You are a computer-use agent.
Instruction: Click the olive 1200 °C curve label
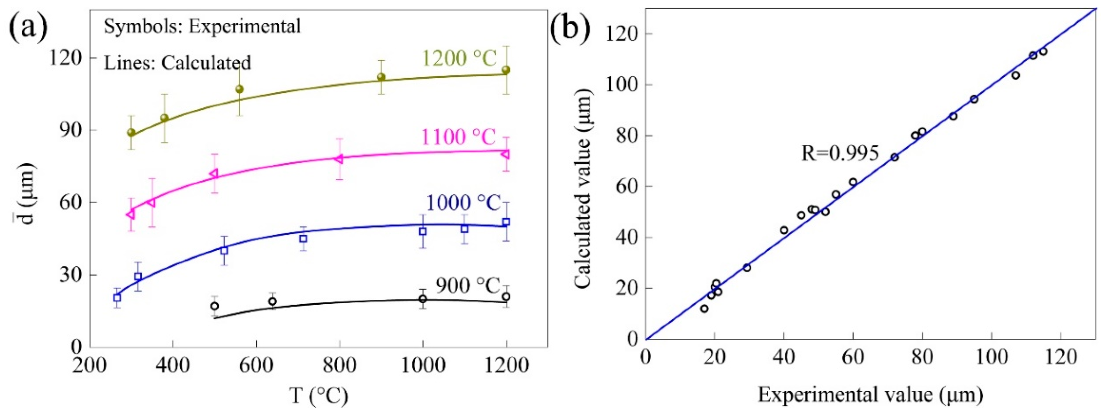[460, 58]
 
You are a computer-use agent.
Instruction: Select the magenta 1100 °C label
[459, 137]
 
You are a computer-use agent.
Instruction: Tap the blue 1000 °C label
[463, 203]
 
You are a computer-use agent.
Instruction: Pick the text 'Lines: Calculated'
[177, 63]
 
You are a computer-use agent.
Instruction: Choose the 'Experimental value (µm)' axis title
[870, 394]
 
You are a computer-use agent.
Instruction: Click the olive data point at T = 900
[381, 77]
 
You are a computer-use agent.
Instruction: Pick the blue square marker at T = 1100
[464, 229]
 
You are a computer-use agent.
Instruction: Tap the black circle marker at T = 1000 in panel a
[423, 299]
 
